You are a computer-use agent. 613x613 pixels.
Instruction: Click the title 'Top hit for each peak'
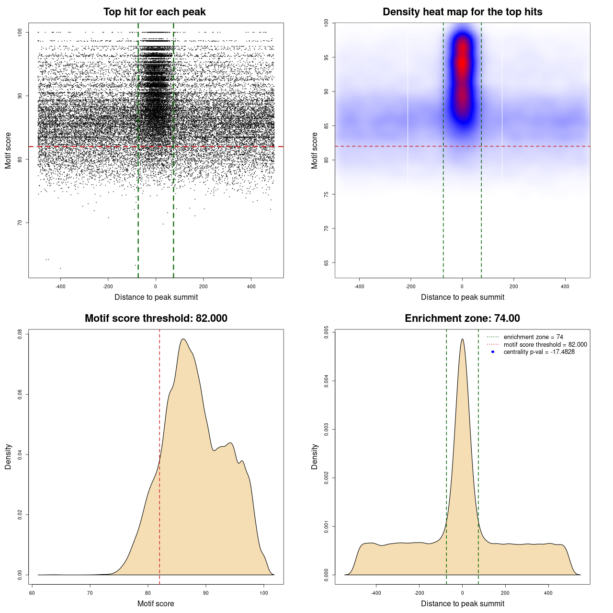click(154, 12)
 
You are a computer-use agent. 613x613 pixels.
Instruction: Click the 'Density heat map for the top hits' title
click(462, 12)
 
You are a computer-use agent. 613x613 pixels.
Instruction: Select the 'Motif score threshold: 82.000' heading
click(156, 318)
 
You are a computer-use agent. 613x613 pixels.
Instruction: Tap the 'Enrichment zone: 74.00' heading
click(462, 318)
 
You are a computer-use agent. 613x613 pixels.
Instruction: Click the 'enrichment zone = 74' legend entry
click(533, 337)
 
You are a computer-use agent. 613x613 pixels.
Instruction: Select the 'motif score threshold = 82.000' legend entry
click(545, 344)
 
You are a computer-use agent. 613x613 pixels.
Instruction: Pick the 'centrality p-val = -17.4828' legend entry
click(539, 352)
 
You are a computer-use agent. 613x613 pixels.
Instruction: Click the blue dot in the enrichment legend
click(493, 352)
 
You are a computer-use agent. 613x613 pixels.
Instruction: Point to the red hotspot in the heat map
click(462, 62)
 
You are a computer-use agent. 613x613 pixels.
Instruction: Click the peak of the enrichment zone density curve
click(462, 340)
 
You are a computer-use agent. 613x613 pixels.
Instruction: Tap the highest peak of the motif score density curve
click(183, 340)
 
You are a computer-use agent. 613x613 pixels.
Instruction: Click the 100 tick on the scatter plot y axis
click(20, 32)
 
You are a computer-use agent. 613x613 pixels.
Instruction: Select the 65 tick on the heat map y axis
click(327, 263)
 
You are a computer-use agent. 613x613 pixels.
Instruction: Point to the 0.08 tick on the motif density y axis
click(20, 334)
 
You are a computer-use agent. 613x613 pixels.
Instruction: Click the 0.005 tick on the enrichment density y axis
click(327, 332)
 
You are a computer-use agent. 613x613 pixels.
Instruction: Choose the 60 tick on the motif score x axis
click(32, 593)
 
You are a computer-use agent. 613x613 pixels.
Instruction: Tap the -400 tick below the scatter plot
click(60, 286)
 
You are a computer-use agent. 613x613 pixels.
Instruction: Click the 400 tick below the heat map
click(565, 286)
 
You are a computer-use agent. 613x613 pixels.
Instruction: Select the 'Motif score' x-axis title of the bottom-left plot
click(156, 603)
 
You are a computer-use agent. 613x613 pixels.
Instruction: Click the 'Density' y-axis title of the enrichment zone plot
click(315, 456)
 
